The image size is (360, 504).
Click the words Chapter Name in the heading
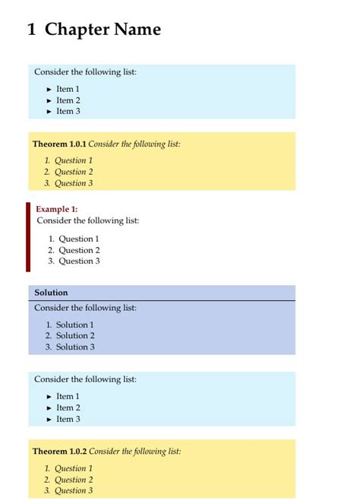click(x=103, y=30)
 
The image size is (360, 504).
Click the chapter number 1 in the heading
click(x=31, y=30)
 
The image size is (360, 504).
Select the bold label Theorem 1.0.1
click(x=59, y=144)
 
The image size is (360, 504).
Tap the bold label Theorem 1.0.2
click(x=59, y=452)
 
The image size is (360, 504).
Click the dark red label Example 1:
click(x=57, y=209)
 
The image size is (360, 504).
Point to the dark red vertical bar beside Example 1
click(x=28, y=236)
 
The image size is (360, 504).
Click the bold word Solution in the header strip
click(x=51, y=293)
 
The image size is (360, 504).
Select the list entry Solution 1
click(x=74, y=325)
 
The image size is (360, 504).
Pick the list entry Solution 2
click(x=75, y=335)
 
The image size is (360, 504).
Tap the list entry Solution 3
click(x=75, y=347)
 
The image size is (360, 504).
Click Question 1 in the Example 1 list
click(x=79, y=239)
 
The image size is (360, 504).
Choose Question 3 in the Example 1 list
click(x=79, y=261)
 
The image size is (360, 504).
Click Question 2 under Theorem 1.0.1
click(x=74, y=172)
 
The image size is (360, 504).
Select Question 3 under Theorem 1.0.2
click(x=74, y=490)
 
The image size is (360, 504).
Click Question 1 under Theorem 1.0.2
click(x=74, y=468)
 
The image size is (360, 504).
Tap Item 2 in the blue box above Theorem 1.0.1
click(x=68, y=100)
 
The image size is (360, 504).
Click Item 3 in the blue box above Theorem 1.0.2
click(x=68, y=419)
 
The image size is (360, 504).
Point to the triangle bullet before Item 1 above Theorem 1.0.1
click(x=49, y=90)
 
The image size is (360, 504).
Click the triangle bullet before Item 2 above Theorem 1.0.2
click(x=49, y=408)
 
